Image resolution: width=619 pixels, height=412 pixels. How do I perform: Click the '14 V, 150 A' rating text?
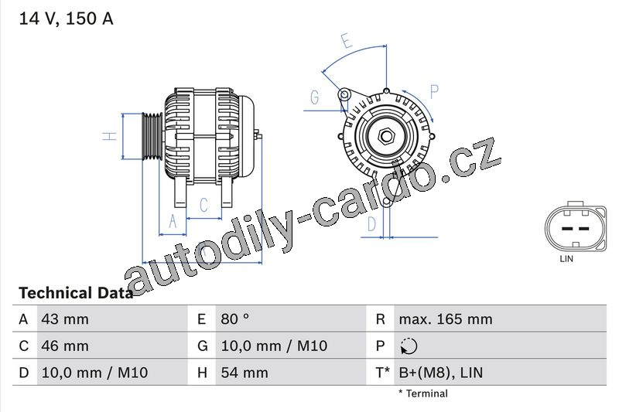coord(66,19)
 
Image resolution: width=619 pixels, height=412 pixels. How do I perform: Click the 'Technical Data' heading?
coord(75,293)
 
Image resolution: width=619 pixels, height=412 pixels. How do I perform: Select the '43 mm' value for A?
coord(65,319)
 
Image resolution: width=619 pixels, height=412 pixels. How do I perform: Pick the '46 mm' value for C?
coord(65,346)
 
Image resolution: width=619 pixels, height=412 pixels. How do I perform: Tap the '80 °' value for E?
coord(235,319)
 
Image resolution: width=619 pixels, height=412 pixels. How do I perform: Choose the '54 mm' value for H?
coord(245,373)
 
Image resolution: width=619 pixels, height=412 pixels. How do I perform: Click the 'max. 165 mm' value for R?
coord(446,319)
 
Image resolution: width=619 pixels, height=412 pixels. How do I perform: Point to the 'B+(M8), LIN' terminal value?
coord(441,373)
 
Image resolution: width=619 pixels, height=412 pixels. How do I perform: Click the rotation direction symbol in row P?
coord(409,346)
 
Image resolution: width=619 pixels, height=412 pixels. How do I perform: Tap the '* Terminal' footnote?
coord(422,393)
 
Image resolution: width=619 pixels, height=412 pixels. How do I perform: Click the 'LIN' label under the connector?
coord(566,259)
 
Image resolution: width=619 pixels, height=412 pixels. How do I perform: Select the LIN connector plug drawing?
coord(576,226)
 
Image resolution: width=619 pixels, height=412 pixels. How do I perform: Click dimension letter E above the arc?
coord(347,41)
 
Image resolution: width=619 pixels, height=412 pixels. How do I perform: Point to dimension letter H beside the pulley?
coord(110,136)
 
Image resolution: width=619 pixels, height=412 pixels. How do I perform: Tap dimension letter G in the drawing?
coord(315,97)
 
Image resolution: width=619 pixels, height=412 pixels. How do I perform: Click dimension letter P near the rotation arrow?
coord(434,91)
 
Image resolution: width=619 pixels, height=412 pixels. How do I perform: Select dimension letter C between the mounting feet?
coord(203,205)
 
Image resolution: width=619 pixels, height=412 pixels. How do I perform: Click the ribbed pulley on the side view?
coord(152,136)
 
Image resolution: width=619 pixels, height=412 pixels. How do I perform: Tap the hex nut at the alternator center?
coord(386,136)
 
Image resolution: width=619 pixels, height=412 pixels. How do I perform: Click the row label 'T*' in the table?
coord(382,373)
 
